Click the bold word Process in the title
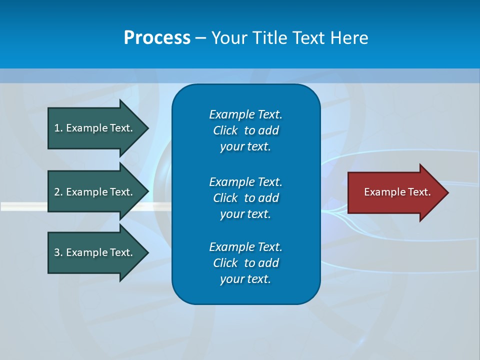click(157, 38)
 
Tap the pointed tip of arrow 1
click(147, 128)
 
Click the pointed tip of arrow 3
click(147, 252)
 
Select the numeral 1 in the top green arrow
click(57, 128)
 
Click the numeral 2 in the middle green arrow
click(57, 192)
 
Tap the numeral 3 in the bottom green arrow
click(57, 252)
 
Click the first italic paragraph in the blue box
click(245, 130)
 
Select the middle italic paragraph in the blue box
click(245, 197)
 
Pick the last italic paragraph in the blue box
click(245, 263)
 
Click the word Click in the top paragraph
click(225, 130)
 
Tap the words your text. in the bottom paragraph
click(245, 279)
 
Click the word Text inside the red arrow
click(419, 192)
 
